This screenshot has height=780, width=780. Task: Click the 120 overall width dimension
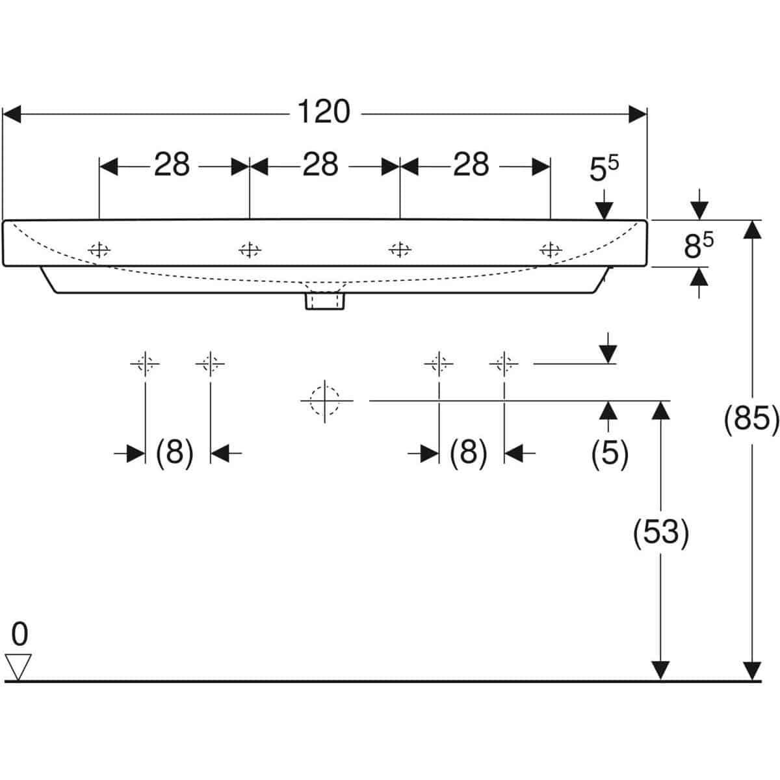pyautogui.click(x=324, y=112)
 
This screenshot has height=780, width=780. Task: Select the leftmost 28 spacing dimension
pyautogui.click(x=172, y=164)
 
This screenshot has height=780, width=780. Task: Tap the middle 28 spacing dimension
pyautogui.click(x=320, y=164)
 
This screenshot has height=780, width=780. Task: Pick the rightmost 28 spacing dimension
pyautogui.click(x=471, y=164)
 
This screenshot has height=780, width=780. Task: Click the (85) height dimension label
pyautogui.click(x=751, y=419)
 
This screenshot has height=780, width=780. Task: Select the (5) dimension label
pyautogui.click(x=610, y=452)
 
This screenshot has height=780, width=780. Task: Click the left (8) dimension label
pyautogui.click(x=174, y=452)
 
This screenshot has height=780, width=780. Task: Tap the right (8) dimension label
pyautogui.click(x=468, y=452)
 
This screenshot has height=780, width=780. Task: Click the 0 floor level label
pyautogui.click(x=19, y=634)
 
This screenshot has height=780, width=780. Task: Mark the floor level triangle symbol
pyautogui.click(x=18, y=667)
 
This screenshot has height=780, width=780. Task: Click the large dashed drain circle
pyautogui.click(x=324, y=400)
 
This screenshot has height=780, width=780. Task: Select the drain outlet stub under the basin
pyautogui.click(x=324, y=302)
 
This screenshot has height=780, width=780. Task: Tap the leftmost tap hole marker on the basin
pyautogui.click(x=99, y=250)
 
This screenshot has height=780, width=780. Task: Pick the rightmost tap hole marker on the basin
pyautogui.click(x=551, y=250)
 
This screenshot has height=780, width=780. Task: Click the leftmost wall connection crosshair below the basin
pyautogui.click(x=145, y=364)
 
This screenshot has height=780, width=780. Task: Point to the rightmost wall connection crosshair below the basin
pyautogui.click(x=504, y=364)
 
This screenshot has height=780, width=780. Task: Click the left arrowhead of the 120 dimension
pyautogui.click(x=11, y=114)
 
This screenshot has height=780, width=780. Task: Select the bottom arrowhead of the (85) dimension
pyautogui.click(x=752, y=671)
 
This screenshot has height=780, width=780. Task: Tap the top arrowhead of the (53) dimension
pyautogui.click(x=660, y=410)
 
